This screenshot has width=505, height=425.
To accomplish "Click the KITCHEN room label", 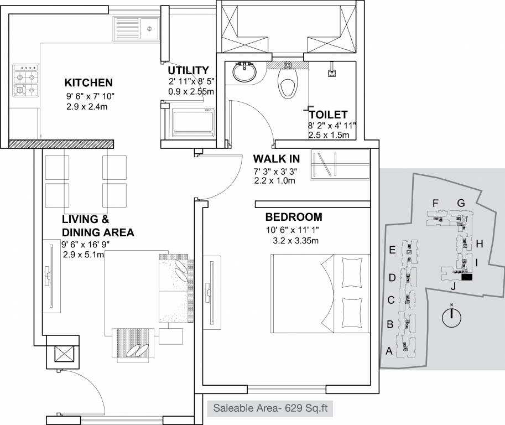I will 88,83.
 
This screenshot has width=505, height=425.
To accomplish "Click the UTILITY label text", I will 189,70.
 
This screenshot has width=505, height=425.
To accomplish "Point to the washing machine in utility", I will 192,122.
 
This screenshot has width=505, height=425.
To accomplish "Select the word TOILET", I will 331,115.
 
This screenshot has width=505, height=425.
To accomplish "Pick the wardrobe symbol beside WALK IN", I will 340,164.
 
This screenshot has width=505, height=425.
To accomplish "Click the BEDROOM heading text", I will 293,216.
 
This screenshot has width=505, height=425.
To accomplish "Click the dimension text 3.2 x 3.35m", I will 296,240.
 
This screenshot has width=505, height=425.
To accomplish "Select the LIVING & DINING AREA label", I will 97,226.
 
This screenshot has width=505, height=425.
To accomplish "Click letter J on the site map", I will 452,286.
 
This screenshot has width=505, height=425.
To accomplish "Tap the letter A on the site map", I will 388,350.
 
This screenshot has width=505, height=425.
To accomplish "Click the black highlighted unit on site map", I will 467,277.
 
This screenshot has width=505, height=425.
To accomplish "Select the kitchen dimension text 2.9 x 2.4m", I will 86,106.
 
